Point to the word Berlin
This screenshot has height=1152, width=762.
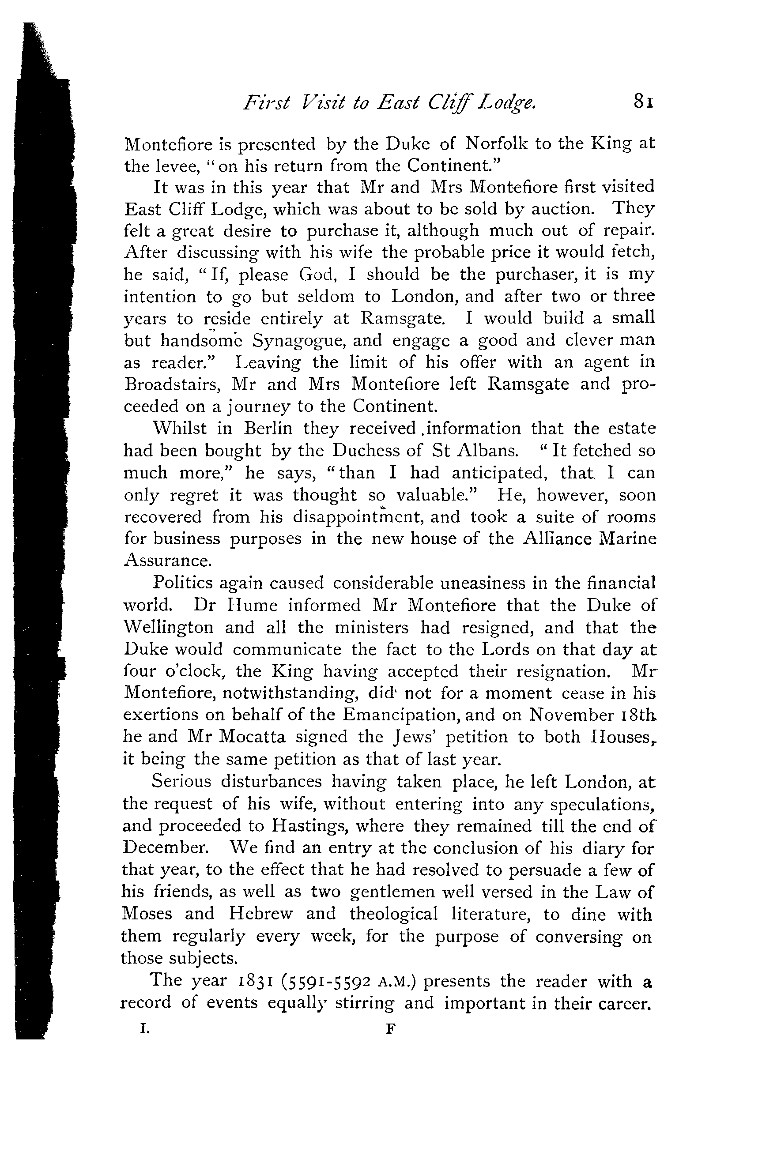tap(268, 429)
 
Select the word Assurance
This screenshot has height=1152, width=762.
tap(168, 561)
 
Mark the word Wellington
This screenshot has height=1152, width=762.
tap(168, 628)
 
